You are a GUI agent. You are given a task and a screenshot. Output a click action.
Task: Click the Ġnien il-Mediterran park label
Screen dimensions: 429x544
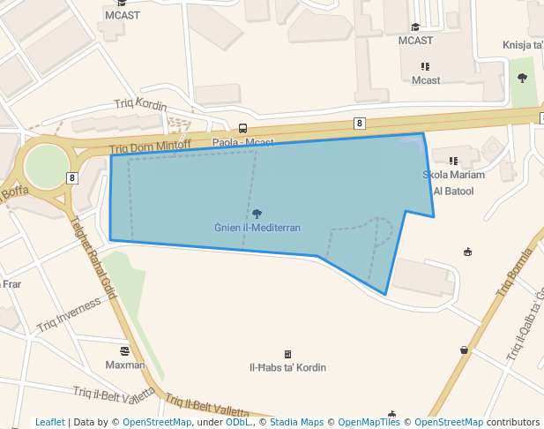(x=257, y=228)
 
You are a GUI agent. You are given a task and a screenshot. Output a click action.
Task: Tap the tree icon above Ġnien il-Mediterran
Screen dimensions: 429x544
(x=257, y=214)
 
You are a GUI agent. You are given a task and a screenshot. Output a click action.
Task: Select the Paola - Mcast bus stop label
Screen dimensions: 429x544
(x=242, y=142)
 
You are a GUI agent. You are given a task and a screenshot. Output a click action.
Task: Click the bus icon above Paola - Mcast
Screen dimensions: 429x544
(x=242, y=128)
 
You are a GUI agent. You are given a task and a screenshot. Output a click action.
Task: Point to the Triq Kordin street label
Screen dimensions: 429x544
(x=140, y=104)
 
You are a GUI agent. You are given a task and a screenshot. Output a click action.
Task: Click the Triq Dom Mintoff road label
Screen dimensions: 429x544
(x=150, y=147)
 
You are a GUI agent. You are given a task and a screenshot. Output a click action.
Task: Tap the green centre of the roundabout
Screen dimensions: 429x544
(x=46, y=165)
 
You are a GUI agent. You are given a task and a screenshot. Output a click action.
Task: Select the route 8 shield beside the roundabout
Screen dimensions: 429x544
(x=71, y=178)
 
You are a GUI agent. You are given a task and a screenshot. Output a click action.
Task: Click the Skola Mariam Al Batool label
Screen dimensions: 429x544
(x=454, y=183)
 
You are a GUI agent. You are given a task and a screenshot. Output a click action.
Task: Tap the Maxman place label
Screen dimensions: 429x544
(x=125, y=365)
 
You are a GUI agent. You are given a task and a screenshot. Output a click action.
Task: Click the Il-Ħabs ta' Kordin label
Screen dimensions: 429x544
(x=288, y=367)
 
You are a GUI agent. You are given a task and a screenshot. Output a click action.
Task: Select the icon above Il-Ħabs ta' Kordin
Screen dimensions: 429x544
(x=287, y=354)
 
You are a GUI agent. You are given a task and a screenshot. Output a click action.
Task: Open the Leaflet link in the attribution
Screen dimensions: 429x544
(x=49, y=422)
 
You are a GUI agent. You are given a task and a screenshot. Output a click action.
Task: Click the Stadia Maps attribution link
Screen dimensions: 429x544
(x=296, y=422)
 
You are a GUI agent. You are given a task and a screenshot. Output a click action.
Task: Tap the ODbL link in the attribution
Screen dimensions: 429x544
(x=237, y=422)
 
